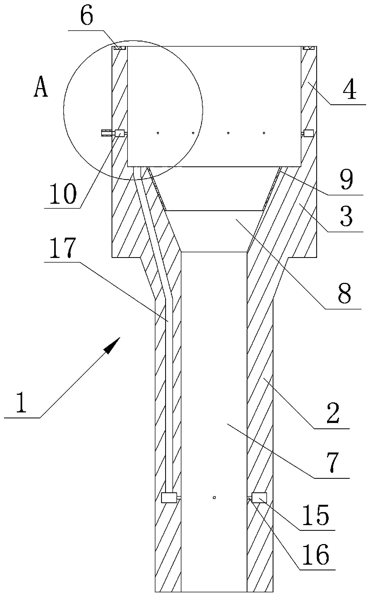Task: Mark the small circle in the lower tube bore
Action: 214,497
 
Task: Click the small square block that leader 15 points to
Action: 259,497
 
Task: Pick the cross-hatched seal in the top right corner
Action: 309,48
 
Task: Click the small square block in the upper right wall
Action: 308,133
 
